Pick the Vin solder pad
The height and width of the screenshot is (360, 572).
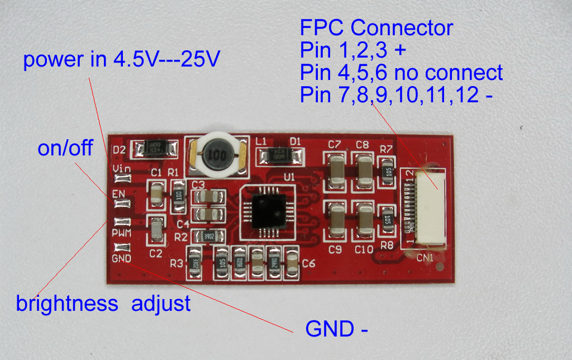(x=122, y=179)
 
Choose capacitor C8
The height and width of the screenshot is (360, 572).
(x=364, y=169)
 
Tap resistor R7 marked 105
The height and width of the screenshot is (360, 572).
(x=387, y=172)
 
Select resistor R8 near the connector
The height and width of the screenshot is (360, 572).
(x=387, y=220)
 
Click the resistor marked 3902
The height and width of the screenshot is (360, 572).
(x=208, y=236)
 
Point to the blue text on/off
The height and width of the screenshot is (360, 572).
(x=65, y=149)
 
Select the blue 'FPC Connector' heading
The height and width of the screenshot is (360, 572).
(x=376, y=27)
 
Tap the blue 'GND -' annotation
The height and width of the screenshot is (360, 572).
(x=336, y=329)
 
